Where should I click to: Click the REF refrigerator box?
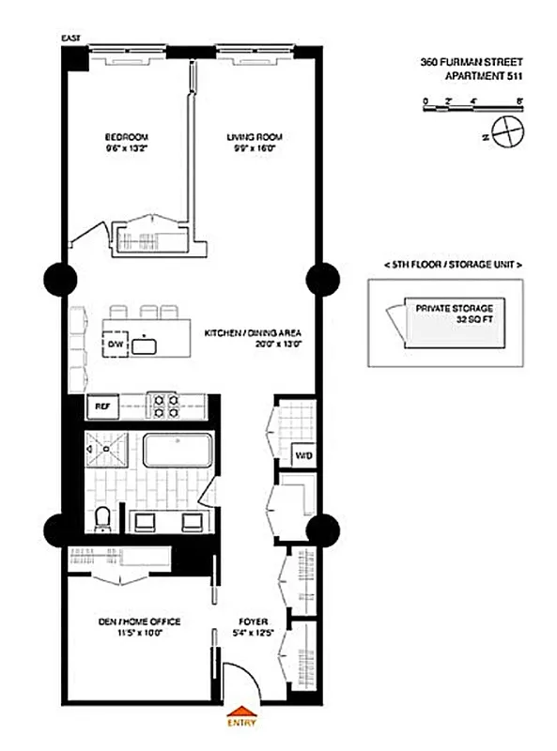[101, 407]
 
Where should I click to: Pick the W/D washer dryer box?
[302, 457]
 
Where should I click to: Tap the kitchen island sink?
[144, 345]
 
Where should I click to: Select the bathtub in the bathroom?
[178, 452]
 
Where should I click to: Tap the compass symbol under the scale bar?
[505, 132]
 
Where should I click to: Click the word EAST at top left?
[70, 38]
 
